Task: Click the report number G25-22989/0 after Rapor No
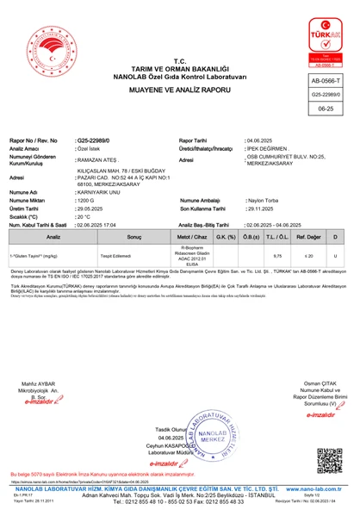99,139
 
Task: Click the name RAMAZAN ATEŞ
100,160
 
